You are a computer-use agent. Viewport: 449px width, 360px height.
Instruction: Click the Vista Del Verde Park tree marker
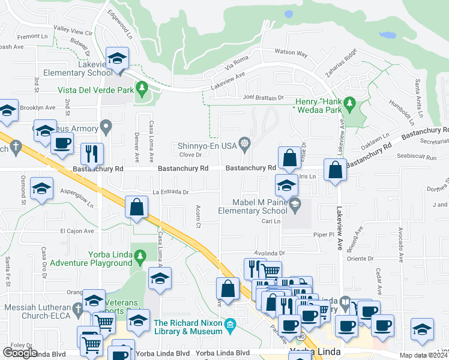[142, 89]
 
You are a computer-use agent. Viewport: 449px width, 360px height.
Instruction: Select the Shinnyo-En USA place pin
[245, 143]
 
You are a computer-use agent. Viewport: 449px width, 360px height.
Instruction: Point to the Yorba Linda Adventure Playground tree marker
[140, 256]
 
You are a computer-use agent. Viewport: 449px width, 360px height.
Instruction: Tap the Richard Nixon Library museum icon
[230, 326]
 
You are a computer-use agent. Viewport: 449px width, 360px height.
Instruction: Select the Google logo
[20, 353]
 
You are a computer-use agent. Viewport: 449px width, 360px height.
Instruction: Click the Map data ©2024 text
[423, 355]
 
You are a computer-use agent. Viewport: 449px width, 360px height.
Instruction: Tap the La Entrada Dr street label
[170, 193]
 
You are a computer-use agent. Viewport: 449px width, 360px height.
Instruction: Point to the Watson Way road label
[291, 54]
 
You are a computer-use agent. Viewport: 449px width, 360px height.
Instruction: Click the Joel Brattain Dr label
[263, 97]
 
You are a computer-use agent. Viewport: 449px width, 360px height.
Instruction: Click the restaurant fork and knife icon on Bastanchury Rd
[91, 154]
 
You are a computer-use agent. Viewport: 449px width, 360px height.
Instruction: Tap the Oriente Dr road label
[360, 259]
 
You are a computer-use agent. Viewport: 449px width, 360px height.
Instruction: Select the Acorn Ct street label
[197, 217]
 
